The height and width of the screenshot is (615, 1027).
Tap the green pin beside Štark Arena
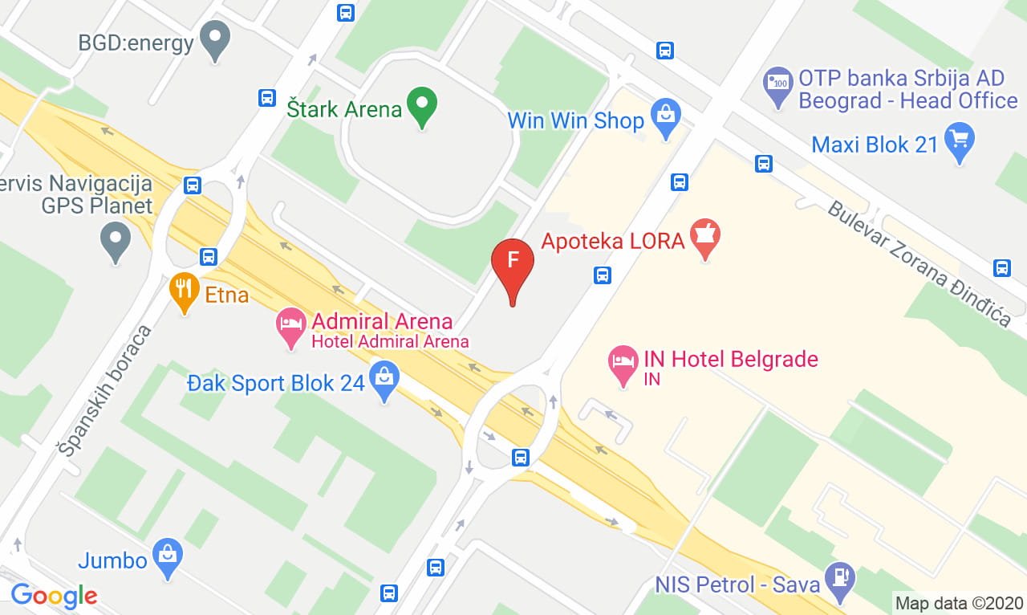(x=422, y=105)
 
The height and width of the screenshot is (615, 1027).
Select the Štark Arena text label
(x=344, y=108)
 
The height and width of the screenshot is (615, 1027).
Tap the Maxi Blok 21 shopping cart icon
(x=960, y=140)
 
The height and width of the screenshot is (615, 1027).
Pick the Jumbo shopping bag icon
(x=168, y=556)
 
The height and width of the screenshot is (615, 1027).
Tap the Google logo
(x=54, y=596)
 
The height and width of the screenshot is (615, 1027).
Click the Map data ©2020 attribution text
(x=959, y=603)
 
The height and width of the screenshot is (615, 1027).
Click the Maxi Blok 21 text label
(x=875, y=145)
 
